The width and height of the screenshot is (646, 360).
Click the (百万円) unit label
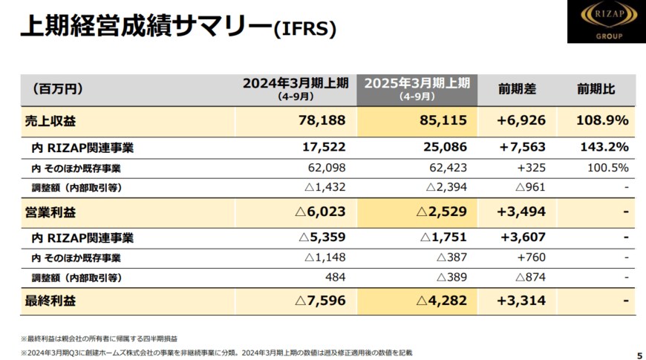pos(57,90)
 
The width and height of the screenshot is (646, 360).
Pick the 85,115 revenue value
pos(443,120)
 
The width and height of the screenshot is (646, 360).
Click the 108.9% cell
pos(602,120)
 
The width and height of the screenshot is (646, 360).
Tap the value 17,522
pos(325,148)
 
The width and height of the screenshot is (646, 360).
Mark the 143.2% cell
pos(604,148)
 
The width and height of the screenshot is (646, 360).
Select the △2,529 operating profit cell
pos(442,212)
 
